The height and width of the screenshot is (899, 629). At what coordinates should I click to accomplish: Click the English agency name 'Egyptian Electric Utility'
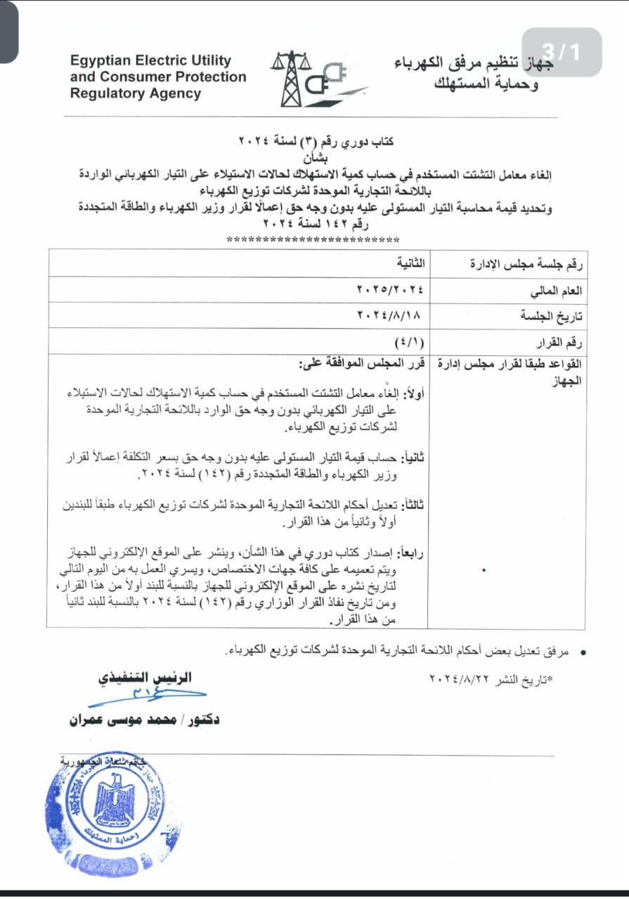pos(150,61)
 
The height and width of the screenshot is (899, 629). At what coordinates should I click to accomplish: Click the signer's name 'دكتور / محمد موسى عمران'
pos(144,720)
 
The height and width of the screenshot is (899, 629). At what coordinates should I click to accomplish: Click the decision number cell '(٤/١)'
pos(414,342)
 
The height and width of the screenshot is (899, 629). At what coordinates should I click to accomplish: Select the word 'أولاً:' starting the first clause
pos(410,392)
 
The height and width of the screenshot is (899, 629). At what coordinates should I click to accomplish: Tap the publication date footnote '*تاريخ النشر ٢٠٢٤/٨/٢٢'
pos(491,679)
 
